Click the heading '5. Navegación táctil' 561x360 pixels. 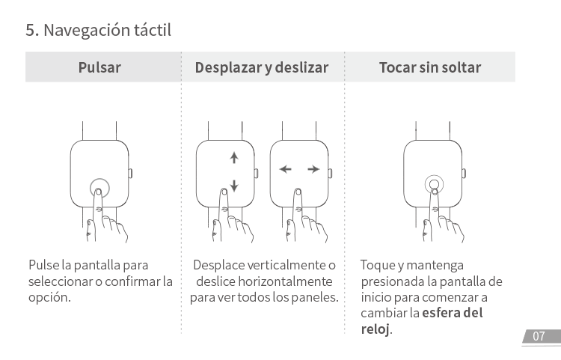(x=99, y=31)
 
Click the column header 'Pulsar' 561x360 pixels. (x=99, y=67)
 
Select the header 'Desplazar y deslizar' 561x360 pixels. (x=262, y=67)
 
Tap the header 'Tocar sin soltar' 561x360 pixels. (x=429, y=67)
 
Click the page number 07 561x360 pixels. (x=539, y=337)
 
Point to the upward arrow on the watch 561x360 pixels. (x=233, y=158)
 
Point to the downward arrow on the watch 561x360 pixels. (x=233, y=186)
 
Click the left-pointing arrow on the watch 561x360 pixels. (x=284, y=170)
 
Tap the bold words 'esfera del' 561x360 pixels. (x=453, y=313)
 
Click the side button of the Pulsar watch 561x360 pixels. (x=130, y=173)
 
